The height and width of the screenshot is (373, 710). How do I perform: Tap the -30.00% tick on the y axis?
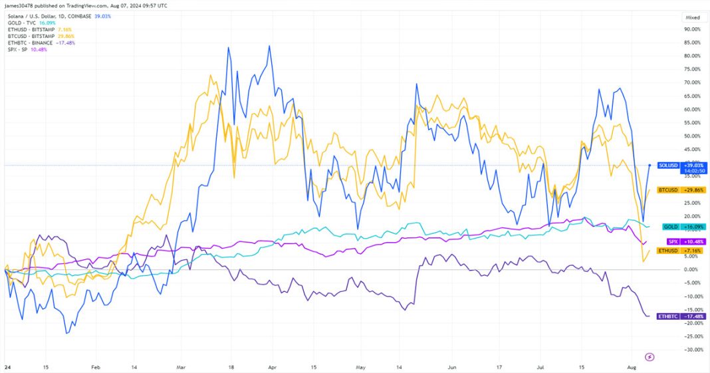pyautogui.click(x=693, y=350)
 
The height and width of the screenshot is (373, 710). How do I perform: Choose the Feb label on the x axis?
pyautogui.click(x=95, y=366)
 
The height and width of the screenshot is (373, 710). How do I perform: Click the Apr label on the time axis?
pyautogui.click(x=271, y=366)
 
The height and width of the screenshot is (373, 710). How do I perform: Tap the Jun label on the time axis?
pyautogui.click(x=452, y=366)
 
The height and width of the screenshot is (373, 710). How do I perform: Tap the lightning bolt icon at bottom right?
pyautogui.click(x=650, y=357)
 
